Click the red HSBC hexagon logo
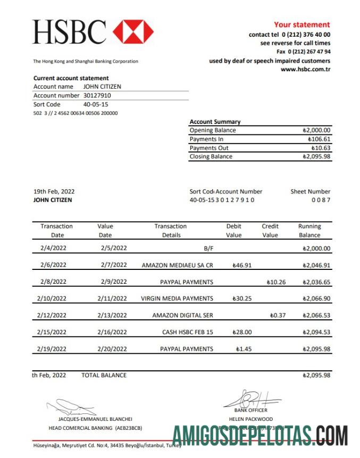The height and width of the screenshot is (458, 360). coord(133,32)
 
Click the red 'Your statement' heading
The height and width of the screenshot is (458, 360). coord(302,24)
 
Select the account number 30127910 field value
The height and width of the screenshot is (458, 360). coord(97,96)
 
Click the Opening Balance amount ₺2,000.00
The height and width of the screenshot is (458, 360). coord(316,130)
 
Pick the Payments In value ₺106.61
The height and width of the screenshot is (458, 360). coord(319,139)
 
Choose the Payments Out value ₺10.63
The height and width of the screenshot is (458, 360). coord(321,148)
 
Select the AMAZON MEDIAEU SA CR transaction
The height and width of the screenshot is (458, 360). coord(177,265)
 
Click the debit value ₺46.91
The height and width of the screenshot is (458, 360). coord(242,265)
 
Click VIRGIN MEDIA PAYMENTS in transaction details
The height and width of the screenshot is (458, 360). coord(177,299)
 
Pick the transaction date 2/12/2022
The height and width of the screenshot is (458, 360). coord(52,315)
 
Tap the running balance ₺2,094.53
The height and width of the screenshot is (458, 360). coord(316,332)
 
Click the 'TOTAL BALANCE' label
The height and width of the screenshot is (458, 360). coord(104,375)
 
